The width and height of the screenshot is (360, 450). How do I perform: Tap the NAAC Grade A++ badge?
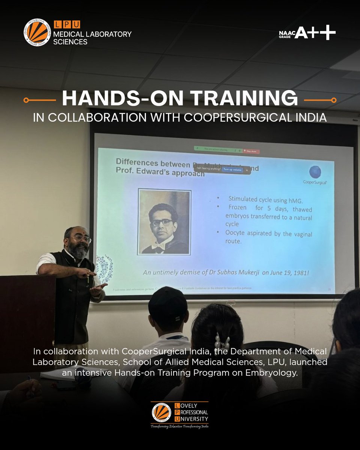point(307,33)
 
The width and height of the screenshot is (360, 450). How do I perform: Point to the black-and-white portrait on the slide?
point(164,222)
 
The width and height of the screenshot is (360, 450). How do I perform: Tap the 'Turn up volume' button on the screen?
point(232,169)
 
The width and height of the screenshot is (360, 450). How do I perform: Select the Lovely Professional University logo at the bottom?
point(180,415)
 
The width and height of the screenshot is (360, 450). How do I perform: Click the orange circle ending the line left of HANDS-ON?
point(26,100)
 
